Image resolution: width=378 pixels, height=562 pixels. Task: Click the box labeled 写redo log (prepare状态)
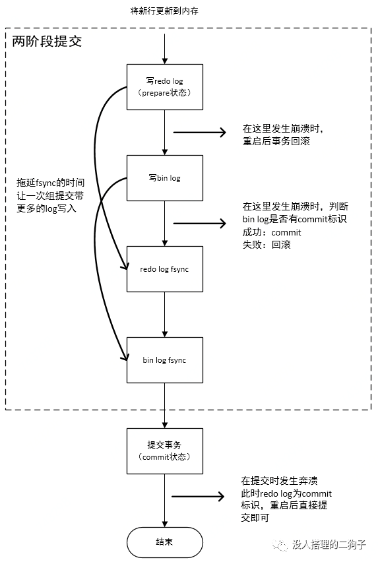165,87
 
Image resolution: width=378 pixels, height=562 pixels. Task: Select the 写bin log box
165,178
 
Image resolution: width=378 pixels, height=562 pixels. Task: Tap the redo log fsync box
165,269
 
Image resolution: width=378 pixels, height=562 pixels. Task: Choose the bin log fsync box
165,360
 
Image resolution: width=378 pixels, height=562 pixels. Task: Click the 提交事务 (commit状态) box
165,451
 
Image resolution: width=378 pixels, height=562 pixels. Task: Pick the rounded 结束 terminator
165,542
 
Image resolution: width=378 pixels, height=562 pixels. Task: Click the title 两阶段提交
47,42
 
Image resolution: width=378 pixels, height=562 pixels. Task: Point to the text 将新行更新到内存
164,11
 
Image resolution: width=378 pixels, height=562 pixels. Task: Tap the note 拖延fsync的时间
51,183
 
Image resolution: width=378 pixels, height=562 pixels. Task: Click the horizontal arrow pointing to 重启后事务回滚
200,133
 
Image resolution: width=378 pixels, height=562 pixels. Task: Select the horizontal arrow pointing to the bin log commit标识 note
200,224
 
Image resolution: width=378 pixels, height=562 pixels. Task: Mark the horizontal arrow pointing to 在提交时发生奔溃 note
198,497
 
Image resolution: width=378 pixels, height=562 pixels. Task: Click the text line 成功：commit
272,232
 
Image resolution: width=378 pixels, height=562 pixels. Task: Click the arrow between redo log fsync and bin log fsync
165,315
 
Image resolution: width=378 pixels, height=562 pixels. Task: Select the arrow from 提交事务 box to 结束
165,501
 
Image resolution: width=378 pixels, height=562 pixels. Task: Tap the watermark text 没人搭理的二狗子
329,545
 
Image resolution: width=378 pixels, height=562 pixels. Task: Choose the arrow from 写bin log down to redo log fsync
165,224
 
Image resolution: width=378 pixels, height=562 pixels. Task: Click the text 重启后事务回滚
276,141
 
